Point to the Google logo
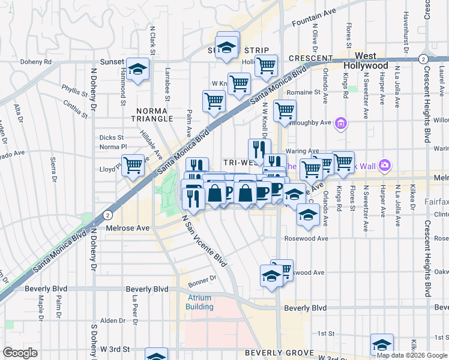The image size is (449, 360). pos(20,352)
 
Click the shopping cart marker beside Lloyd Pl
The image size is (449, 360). pos(133,165)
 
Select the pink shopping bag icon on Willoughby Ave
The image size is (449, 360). pos(341,124)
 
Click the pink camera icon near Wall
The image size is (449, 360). pos(385,164)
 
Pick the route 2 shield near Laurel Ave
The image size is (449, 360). pos(423,59)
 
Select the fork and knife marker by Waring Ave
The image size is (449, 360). pos(259,149)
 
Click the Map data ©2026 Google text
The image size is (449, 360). pos(411,355)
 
